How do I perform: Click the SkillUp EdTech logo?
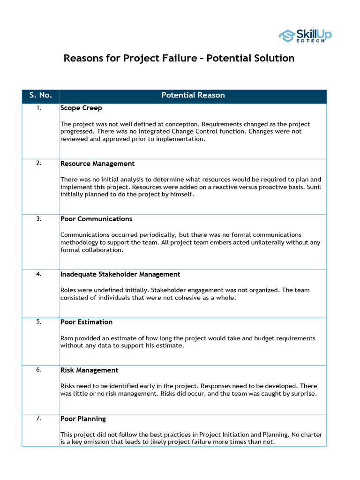(x=305, y=35)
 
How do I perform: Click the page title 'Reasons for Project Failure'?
(x=179, y=59)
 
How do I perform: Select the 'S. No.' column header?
(x=40, y=95)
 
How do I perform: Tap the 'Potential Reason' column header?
(x=193, y=95)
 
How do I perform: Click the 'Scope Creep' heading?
(x=81, y=108)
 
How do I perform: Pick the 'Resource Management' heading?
(x=97, y=164)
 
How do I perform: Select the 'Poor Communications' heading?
(x=96, y=219)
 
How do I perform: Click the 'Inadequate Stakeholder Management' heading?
(x=120, y=274)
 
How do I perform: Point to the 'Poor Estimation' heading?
(x=86, y=322)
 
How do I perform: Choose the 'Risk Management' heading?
(x=89, y=370)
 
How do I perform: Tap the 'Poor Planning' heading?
(x=83, y=419)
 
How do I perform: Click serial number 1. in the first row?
(x=39, y=108)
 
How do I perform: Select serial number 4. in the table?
(x=39, y=274)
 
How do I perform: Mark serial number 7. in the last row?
(x=39, y=418)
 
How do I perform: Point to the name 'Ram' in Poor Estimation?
(x=66, y=338)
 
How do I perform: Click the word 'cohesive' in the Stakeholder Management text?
(x=177, y=298)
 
